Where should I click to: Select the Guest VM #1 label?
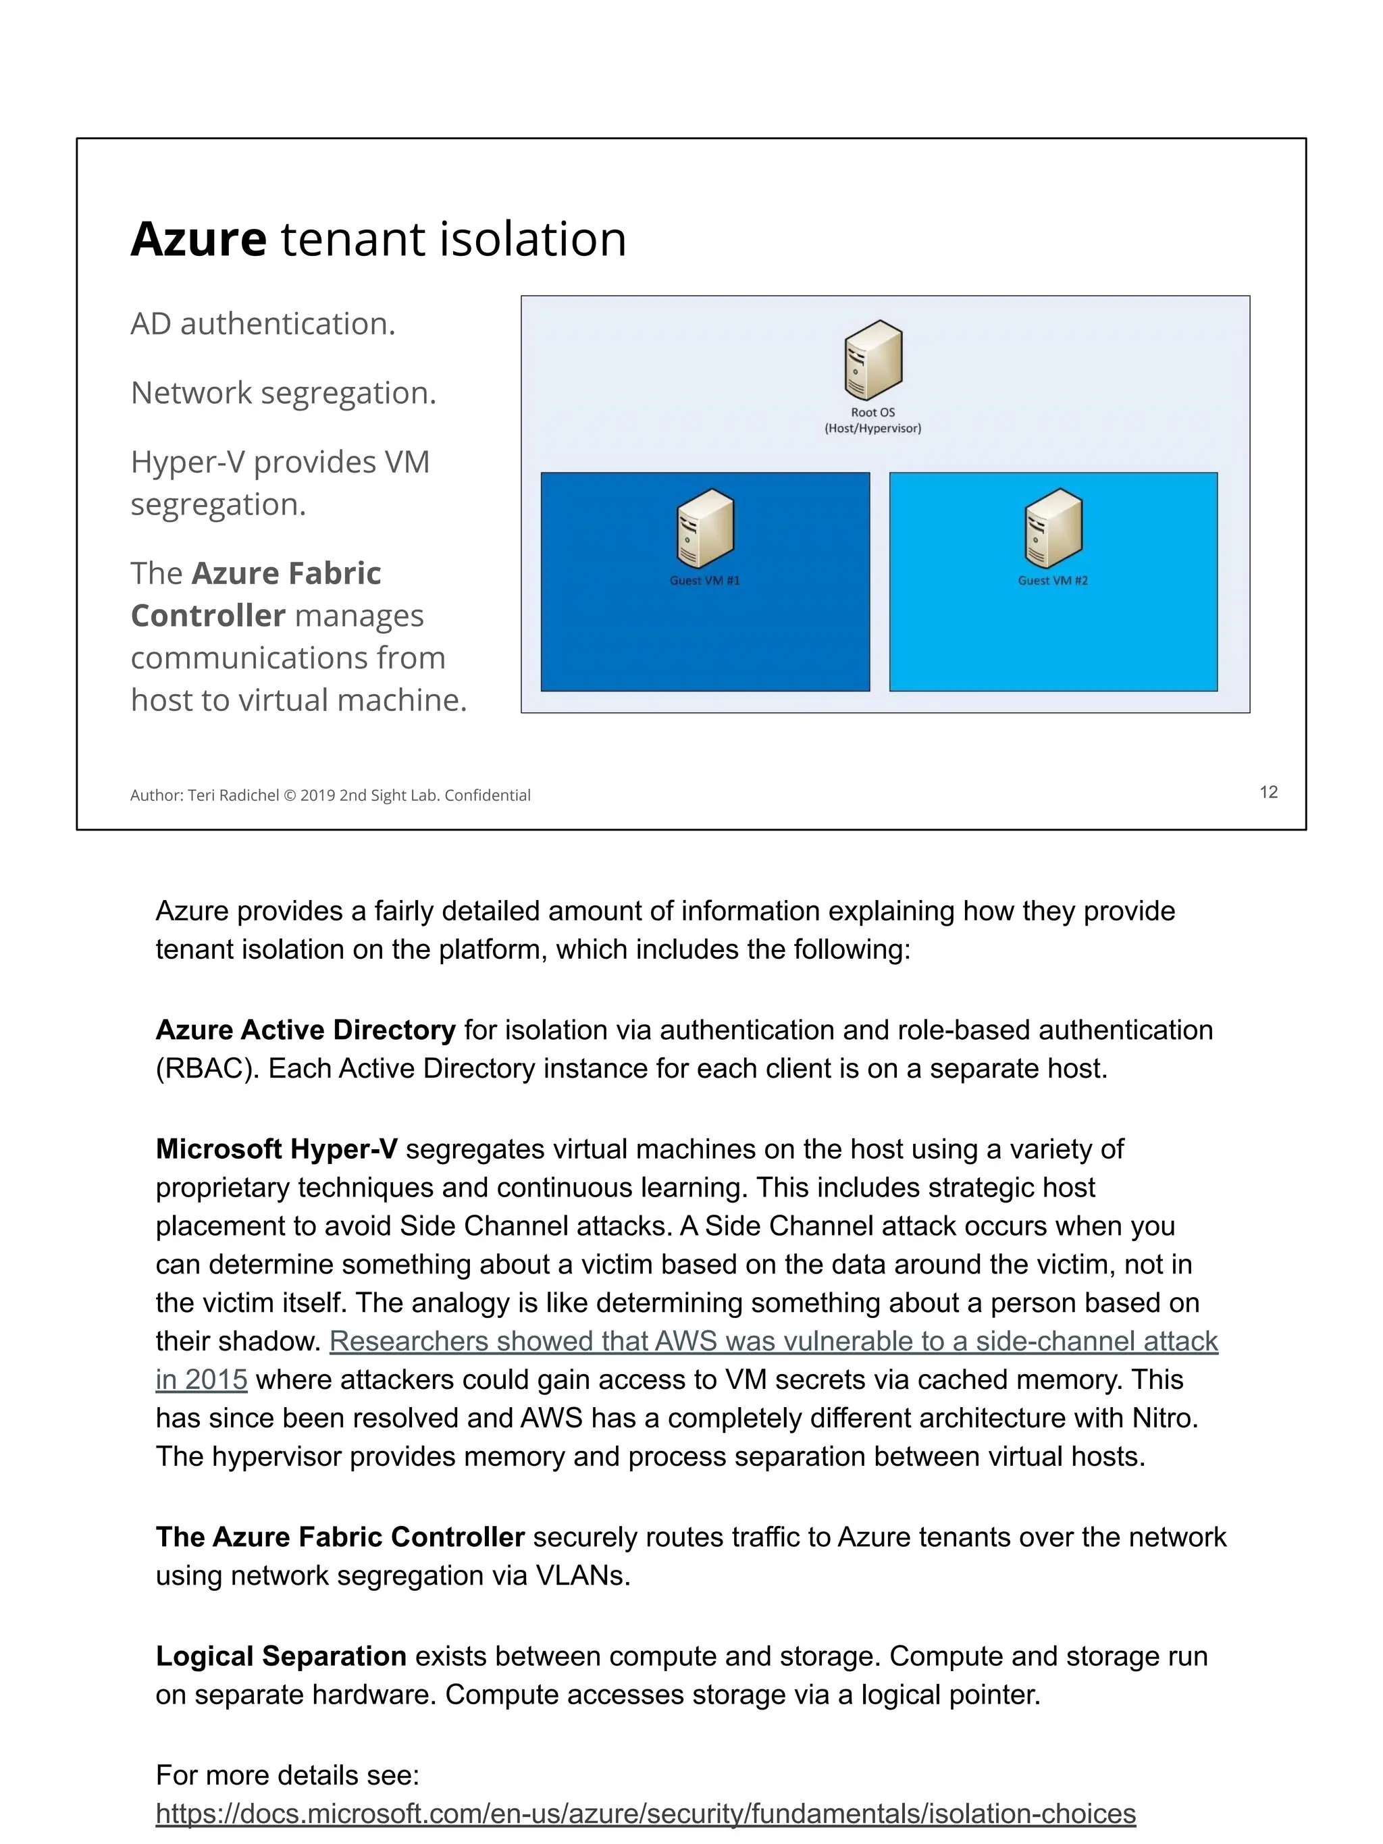[x=704, y=580]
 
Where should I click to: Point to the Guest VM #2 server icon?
[x=1052, y=528]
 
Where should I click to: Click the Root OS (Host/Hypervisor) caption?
[x=872, y=420]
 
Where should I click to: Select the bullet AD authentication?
[x=263, y=323]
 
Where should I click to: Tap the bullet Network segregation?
[x=284, y=393]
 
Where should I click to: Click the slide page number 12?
[x=1268, y=792]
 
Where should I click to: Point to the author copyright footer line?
[x=330, y=795]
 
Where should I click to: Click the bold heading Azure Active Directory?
[x=305, y=1030]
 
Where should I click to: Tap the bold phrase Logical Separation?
[x=281, y=1656]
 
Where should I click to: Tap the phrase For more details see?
[x=287, y=1775]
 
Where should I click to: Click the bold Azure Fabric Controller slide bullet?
[x=256, y=594]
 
